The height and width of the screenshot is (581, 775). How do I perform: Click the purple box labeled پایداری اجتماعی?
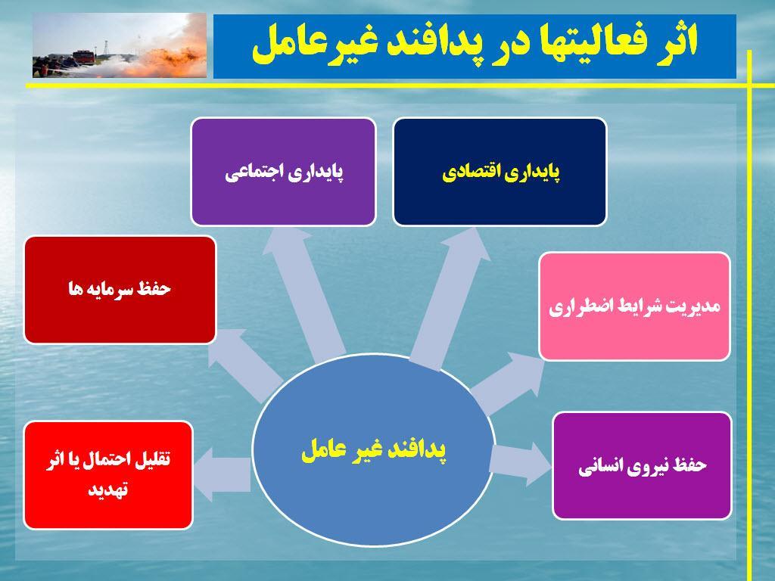click(283, 172)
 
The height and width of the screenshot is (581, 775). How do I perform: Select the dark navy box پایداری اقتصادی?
click(500, 172)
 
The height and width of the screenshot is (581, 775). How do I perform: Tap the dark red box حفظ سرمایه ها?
click(120, 290)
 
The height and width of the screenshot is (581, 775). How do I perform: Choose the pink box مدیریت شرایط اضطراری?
click(635, 306)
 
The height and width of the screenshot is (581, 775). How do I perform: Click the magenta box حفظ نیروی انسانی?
click(642, 466)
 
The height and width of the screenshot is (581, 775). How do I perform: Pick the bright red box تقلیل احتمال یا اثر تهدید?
click(108, 475)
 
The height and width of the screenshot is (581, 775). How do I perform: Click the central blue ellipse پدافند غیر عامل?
click(374, 450)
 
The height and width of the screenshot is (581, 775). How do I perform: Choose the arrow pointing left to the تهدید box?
click(223, 474)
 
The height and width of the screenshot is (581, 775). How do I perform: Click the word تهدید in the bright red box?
click(107, 489)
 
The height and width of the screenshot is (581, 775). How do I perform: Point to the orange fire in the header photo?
click(168, 59)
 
